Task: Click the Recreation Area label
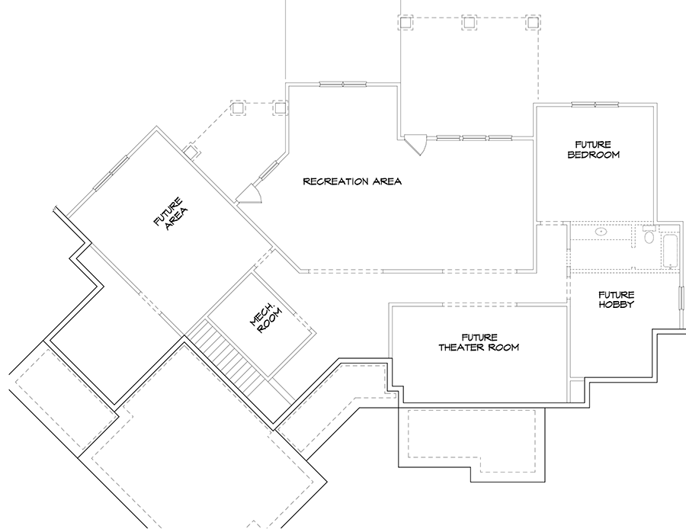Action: [x=352, y=181]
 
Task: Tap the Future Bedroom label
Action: [x=593, y=149]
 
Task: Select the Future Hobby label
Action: [x=616, y=300]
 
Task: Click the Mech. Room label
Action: [x=266, y=318]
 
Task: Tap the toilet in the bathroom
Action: [x=649, y=235]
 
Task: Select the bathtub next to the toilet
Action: [x=670, y=251]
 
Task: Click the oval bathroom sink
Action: [x=601, y=231]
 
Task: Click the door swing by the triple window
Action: [x=415, y=144]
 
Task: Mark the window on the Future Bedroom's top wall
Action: [x=595, y=104]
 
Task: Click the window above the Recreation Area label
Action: [x=342, y=84]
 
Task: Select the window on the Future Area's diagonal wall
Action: [x=111, y=173]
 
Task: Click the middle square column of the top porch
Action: [x=469, y=22]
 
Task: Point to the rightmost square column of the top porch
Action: [x=533, y=22]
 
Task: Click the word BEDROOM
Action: [x=593, y=155]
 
